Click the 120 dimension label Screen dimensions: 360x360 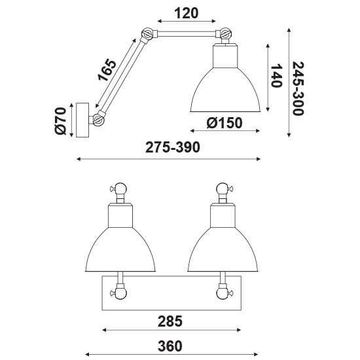pyautogui.click(x=186, y=13)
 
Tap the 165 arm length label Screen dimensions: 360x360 pyautogui.click(x=107, y=70)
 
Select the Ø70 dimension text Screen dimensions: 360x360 pyautogui.click(x=60, y=121)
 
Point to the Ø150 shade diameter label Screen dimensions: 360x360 pyautogui.click(x=225, y=123)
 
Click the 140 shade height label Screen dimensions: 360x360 pyautogui.click(x=276, y=76)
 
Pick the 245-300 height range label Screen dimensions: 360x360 pyautogui.click(x=298, y=88)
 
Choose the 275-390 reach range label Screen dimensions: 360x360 pyautogui.click(x=173, y=147)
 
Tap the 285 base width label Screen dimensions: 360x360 pyautogui.click(x=170, y=321)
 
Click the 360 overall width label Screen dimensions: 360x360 pyautogui.click(x=170, y=346)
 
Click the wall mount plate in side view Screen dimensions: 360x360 pyautogui.click(x=82, y=120)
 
